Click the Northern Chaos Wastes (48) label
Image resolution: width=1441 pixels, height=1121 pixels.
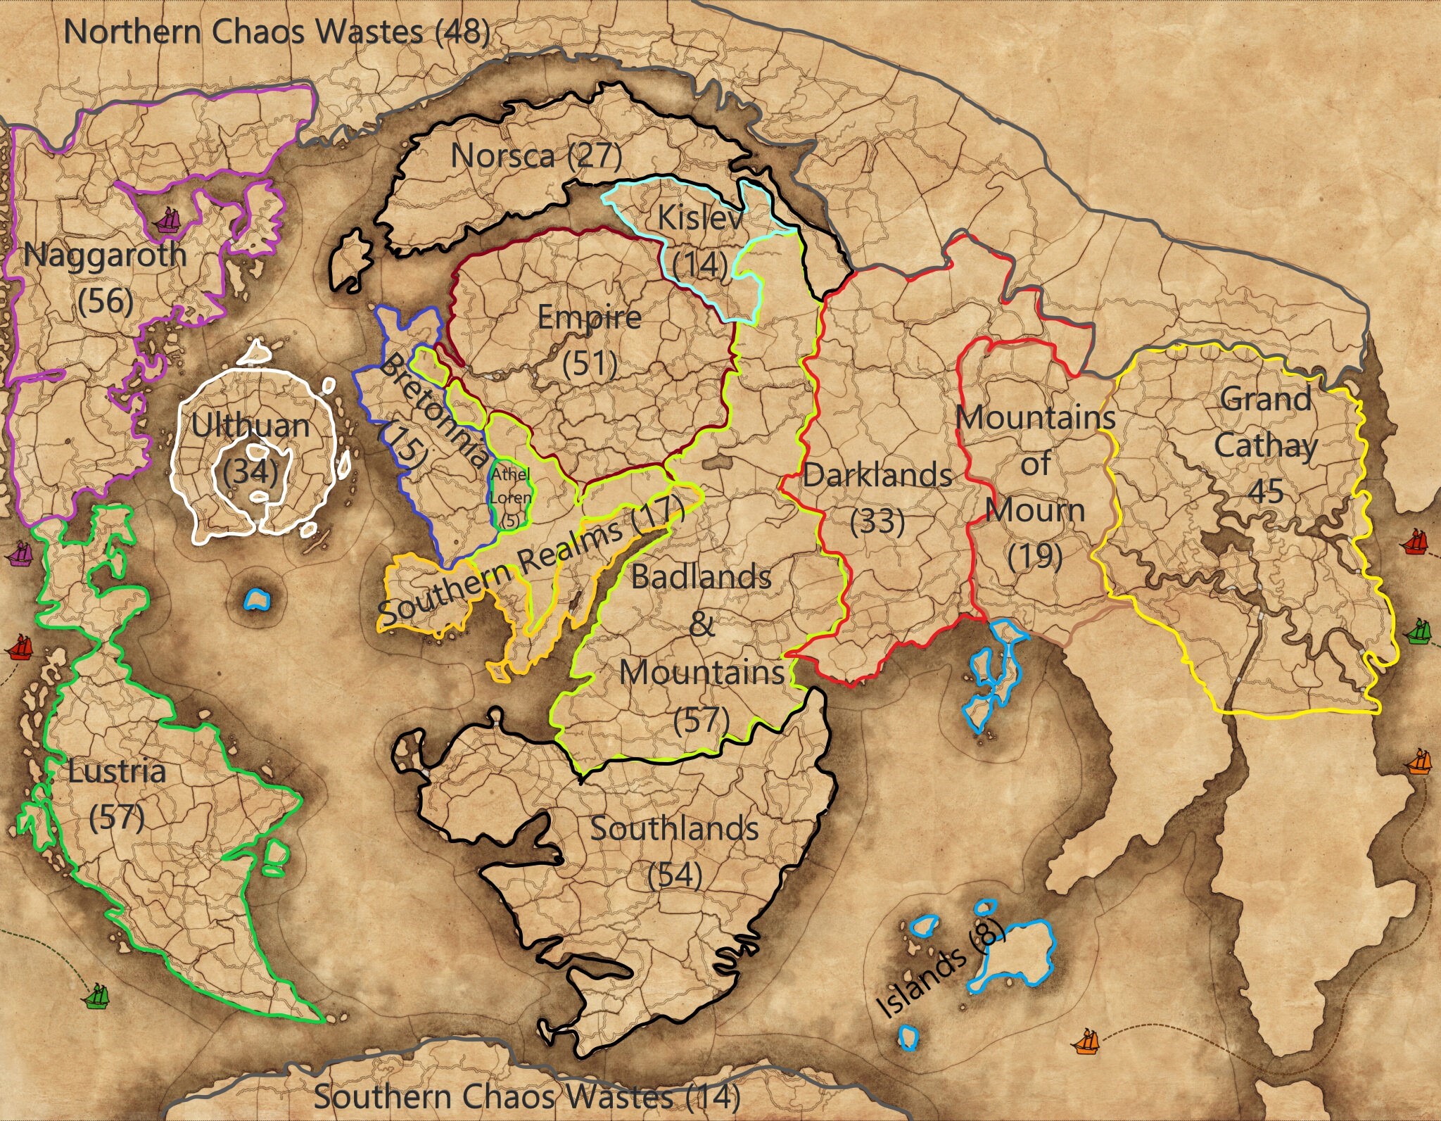277,32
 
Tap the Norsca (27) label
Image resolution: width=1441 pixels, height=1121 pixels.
536,156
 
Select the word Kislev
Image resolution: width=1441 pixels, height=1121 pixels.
699,218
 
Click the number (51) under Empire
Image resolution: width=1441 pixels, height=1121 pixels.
590,364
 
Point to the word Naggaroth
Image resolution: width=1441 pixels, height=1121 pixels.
105,255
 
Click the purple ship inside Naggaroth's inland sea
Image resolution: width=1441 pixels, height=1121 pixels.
168,220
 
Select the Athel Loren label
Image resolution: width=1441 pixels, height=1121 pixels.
511,496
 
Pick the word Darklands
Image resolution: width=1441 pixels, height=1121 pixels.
877,476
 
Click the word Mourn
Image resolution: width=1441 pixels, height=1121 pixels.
1035,510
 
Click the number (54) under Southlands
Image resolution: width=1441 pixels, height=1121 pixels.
674,875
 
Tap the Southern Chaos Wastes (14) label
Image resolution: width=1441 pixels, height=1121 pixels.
526,1096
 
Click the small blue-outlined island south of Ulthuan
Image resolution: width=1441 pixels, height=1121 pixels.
257,600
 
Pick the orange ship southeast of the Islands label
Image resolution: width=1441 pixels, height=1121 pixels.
1087,1041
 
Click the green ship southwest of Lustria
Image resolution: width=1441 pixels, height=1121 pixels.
96,996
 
